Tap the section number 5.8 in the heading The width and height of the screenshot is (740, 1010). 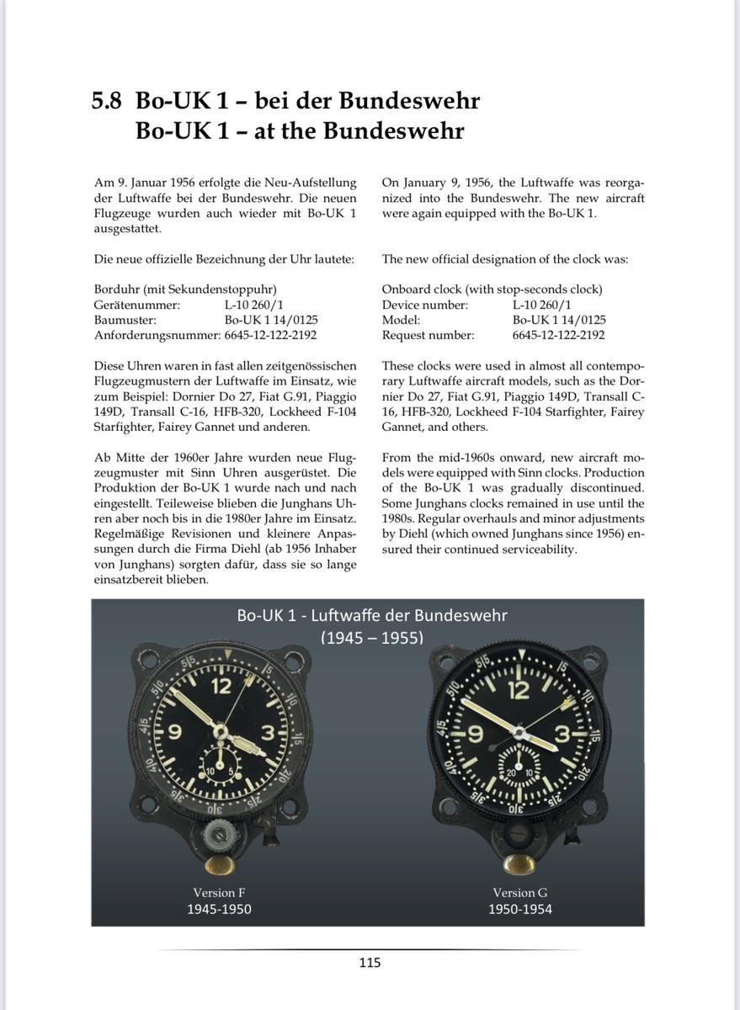click(x=106, y=101)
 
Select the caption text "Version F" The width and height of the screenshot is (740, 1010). click(x=219, y=892)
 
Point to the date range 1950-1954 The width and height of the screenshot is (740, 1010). click(x=520, y=909)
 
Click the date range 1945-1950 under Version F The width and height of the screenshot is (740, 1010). click(x=219, y=909)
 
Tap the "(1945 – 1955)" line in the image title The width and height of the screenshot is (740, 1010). click(x=371, y=637)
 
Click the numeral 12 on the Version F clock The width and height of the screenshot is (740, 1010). click(x=221, y=686)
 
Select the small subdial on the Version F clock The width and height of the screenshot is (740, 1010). click(x=221, y=763)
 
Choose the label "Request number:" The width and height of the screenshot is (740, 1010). click(x=428, y=335)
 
